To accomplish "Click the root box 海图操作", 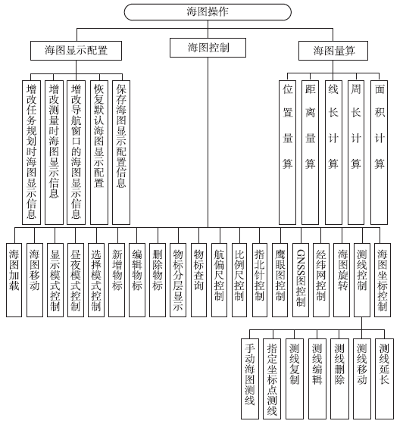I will click(208, 13).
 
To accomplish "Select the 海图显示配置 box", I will click(76, 51).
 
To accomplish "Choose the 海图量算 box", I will click(340, 51).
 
